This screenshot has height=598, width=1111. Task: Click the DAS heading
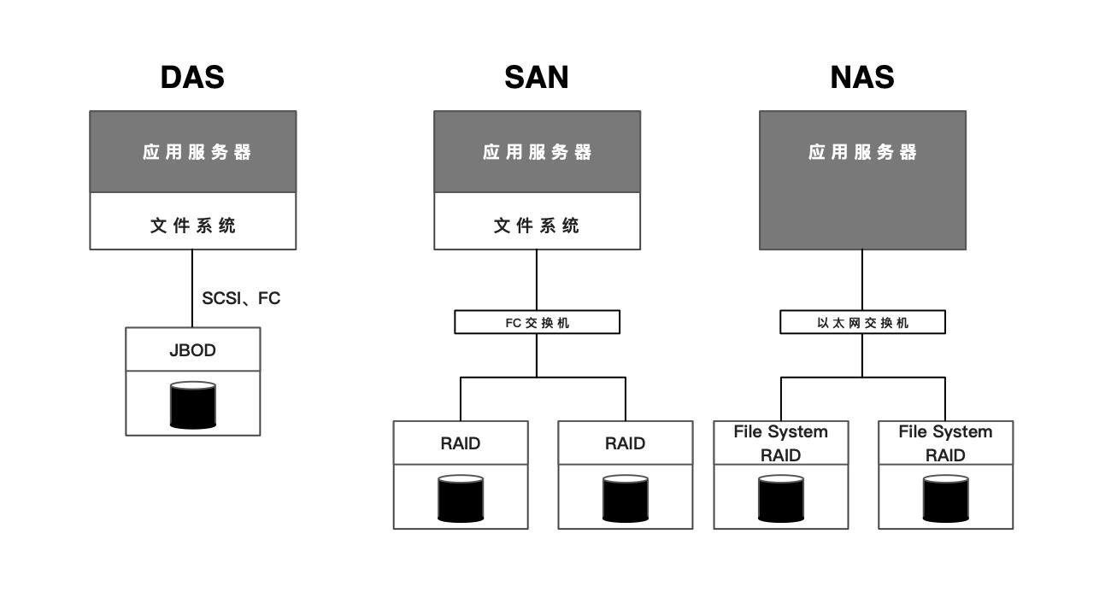tap(192, 78)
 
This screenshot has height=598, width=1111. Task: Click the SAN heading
tap(536, 78)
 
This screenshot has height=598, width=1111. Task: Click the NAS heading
tap(861, 78)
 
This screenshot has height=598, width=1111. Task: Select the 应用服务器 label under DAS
tap(197, 152)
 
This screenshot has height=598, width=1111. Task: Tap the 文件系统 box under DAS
tap(193, 226)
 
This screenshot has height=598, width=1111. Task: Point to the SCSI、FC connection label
tap(241, 298)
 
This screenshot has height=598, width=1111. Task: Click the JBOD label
tap(192, 350)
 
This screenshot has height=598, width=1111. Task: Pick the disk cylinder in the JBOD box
tap(193, 405)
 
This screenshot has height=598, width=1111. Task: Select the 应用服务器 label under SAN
tap(537, 152)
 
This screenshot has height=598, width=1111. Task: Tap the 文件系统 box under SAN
tap(537, 226)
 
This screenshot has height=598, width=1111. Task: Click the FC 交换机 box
tap(537, 323)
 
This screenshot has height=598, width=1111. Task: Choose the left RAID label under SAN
tap(461, 443)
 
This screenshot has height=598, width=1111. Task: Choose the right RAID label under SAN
tap(625, 443)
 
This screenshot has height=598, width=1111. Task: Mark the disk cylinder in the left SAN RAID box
tap(461, 499)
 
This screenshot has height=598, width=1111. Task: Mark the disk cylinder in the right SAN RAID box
tap(625, 499)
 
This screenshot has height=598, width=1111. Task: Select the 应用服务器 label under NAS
tap(862, 152)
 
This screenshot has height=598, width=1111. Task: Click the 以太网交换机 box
tap(862, 323)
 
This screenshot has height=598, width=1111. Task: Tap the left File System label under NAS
tap(780, 432)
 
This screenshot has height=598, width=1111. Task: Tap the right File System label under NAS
tap(945, 432)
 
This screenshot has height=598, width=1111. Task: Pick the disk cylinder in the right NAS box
tap(945, 499)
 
